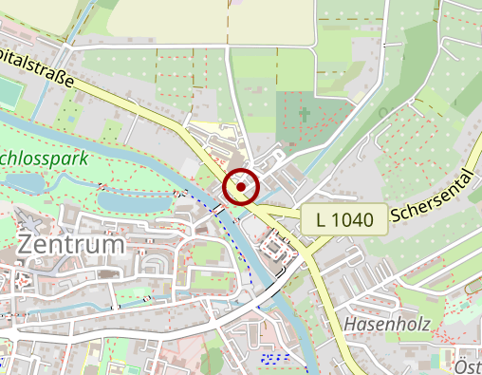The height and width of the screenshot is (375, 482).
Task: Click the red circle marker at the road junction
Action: click(x=241, y=187)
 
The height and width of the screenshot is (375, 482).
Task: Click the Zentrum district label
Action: click(x=71, y=245)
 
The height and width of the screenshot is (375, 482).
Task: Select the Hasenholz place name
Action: click(x=387, y=325)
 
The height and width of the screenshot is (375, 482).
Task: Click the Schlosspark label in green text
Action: click(x=44, y=159)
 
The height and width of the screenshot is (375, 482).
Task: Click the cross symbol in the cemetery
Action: click(x=306, y=116)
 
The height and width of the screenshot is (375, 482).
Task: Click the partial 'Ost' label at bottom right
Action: click(x=468, y=367)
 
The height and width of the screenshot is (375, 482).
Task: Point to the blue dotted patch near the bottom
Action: click(x=275, y=358)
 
